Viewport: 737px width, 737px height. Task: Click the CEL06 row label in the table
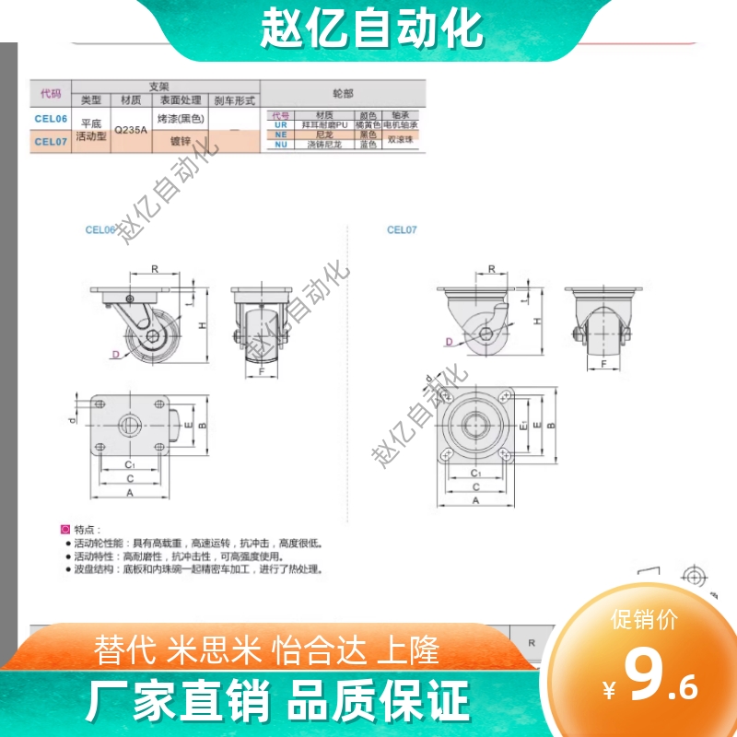(x=52, y=118)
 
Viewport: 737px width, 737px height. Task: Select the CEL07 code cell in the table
(x=52, y=142)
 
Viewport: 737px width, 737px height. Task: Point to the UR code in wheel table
(x=281, y=124)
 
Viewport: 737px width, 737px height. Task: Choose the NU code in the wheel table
(x=281, y=144)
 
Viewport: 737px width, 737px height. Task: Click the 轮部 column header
(x=343, y=93)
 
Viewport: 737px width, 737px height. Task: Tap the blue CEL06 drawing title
(x=100, y=230)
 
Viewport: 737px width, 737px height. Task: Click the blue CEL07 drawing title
(x=402, y=230)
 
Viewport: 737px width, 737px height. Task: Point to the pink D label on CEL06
(x=116, y=354)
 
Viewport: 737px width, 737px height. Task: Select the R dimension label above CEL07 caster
(x=492, y=269)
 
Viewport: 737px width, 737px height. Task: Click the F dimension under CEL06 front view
(x=262, y=371)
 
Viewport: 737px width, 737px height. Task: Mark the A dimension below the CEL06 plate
(x=130, y=493)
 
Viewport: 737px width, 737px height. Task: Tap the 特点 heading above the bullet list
(x=85, y=530)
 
